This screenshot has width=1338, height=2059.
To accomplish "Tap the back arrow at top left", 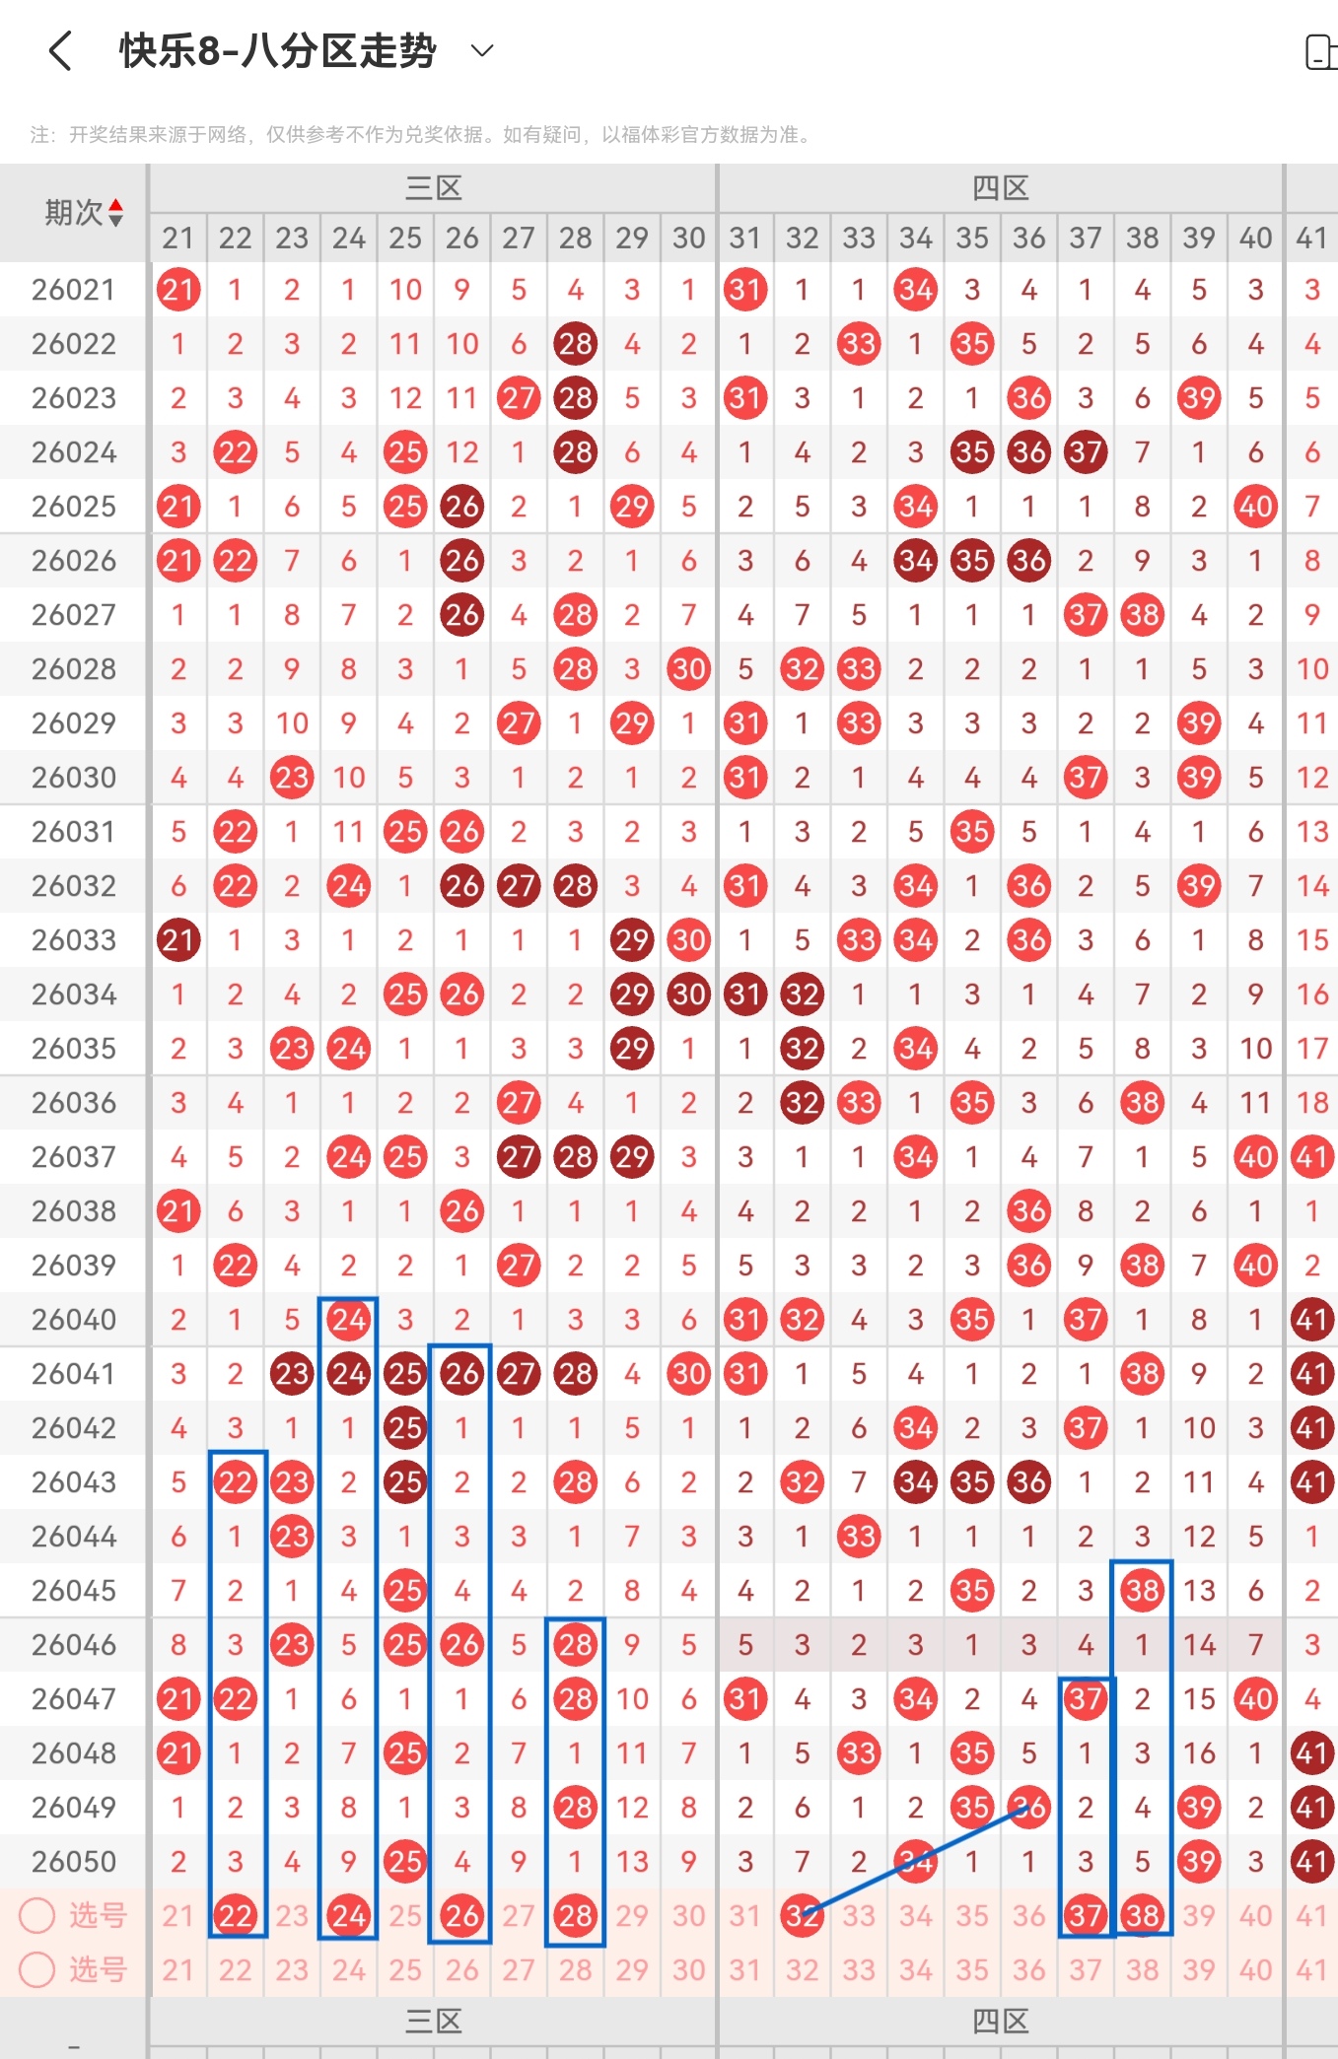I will (60, 51).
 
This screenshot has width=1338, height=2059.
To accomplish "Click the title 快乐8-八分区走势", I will (277, 51).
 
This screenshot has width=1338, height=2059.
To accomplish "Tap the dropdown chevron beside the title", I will (482, 51).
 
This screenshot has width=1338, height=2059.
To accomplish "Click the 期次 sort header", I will (84, 213).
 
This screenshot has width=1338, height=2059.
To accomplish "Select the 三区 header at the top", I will (434, 188).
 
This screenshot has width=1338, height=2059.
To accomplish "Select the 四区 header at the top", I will (1000, 188).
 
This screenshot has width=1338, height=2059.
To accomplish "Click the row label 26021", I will (74, 290).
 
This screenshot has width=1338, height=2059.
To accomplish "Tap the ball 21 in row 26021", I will (178, 290).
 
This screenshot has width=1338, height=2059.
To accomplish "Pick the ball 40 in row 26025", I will (1255, 507).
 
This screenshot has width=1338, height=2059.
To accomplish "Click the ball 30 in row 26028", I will (688, 669).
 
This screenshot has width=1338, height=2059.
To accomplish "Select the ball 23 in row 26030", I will (292, 778).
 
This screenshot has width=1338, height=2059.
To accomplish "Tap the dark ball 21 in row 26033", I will (178, 940).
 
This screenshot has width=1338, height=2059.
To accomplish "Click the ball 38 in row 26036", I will (1142, 1103).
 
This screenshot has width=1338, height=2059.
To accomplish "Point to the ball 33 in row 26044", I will (859, 1537).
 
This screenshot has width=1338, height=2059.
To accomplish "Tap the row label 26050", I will (74, 1862).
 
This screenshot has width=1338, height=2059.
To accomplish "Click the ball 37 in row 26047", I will (1086, 1699).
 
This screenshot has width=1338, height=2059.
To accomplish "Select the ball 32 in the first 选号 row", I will (802, 1916).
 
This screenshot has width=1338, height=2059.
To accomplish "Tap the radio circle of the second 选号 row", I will (37, 1969).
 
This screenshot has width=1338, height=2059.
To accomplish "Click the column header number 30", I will (688, 238).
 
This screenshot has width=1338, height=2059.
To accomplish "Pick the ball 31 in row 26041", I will (745, 1374).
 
